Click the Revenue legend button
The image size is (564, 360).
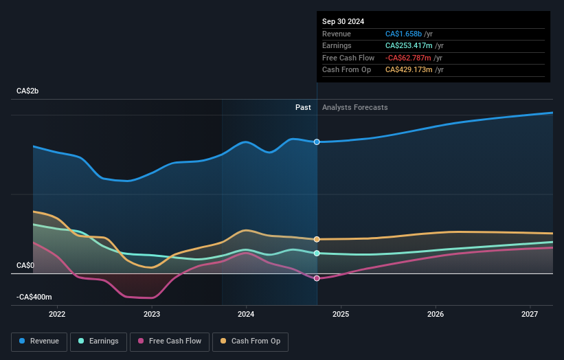39,341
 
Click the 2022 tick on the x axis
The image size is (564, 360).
57,315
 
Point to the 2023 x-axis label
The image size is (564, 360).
152,315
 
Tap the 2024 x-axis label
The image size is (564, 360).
246,315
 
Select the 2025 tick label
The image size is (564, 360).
341,315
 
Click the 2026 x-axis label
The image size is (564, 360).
435,315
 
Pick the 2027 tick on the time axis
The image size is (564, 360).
530,315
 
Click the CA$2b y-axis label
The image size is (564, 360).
29,91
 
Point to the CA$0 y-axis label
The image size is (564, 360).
25,265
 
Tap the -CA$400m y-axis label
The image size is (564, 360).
34,297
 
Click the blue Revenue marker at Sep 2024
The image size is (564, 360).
317,142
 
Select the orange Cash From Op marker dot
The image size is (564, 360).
317,239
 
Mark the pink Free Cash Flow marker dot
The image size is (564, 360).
317,278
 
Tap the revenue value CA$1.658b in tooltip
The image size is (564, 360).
404,34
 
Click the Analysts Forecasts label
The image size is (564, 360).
354,107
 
